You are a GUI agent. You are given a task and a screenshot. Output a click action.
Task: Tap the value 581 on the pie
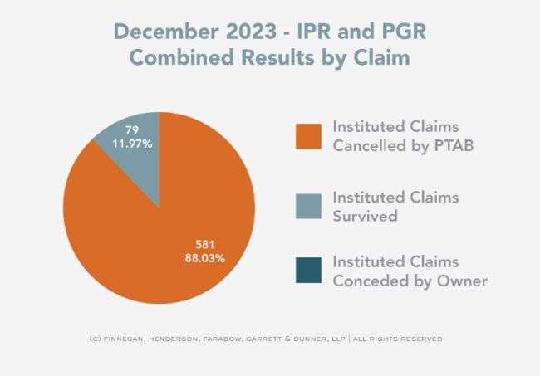point(206,244)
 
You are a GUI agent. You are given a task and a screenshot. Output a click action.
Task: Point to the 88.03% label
point(204,258)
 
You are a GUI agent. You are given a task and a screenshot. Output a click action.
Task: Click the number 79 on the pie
point(131,129)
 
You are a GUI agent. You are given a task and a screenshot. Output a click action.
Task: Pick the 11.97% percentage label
point(134,144)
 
